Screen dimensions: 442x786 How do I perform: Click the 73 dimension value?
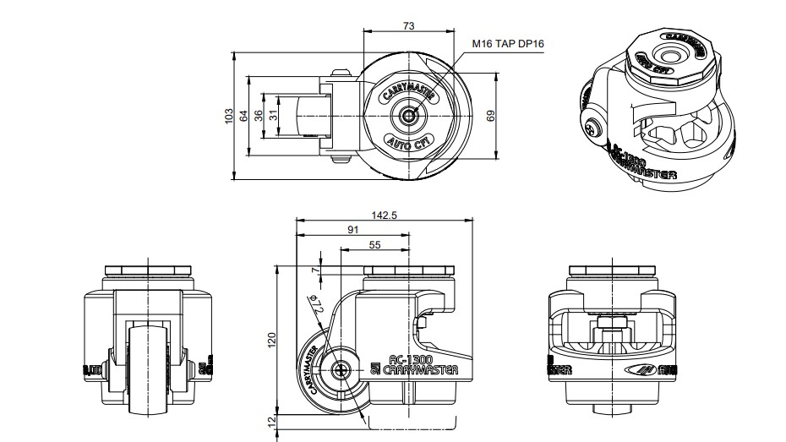(408, 26)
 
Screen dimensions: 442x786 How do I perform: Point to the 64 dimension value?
(245, 117)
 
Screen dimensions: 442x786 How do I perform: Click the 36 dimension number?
(259, 117)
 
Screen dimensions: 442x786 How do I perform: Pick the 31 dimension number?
(273, 117)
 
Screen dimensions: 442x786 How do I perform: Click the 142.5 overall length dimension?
(384, 216)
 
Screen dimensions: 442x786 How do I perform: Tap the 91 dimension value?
(353, 229)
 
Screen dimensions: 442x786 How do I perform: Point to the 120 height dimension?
(271, 340)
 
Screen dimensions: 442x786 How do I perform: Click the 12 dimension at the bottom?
(271, 422)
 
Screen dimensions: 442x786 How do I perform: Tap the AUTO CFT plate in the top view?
(410, 141)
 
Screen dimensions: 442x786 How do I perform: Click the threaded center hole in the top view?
(410, 116)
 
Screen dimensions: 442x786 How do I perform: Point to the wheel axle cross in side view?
(341, 370)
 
